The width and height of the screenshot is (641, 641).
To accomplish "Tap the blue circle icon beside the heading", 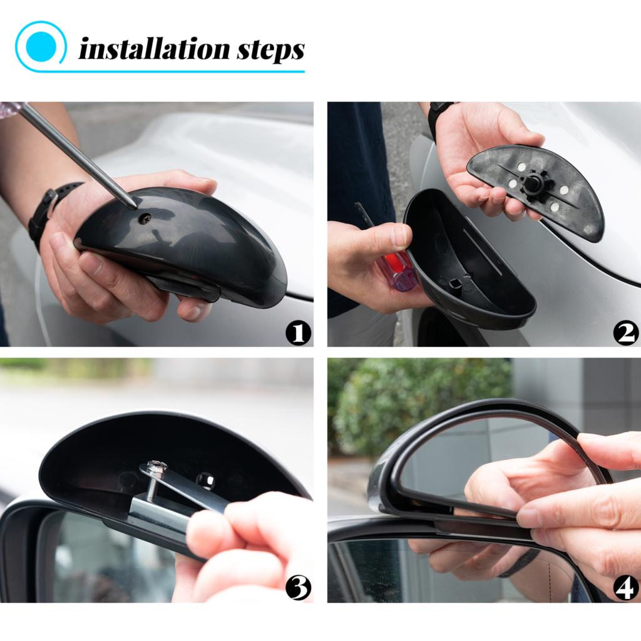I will [41, 47].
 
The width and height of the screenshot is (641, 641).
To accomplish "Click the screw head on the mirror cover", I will [145, 218].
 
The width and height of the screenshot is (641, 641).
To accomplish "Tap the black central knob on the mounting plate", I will [533, 183].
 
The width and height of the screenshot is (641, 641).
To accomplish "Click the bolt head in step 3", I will [156, 467].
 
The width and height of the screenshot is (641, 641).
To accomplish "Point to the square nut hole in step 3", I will [206, 480].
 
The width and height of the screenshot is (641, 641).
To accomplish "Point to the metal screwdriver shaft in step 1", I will [75, 153].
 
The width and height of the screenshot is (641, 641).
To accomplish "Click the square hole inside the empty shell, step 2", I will [455, 288].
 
